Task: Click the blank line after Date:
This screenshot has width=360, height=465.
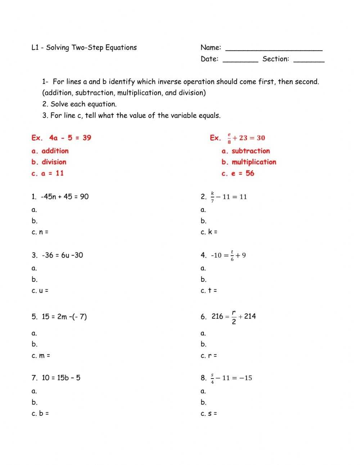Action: coord(240,60)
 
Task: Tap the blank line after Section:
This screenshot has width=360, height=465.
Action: coord(309,60)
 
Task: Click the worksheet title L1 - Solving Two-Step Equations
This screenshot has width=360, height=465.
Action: coord(84,48)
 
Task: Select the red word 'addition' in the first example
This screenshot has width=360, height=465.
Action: coord(55,151)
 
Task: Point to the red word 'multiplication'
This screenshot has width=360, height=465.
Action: coord(254,162)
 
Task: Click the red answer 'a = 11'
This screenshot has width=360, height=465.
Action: coord(52,173)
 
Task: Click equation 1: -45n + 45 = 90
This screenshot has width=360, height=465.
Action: coord(64,197)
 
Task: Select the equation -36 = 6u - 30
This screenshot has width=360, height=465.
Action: coord(62,255)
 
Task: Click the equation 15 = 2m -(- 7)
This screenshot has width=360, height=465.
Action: coord(64,317)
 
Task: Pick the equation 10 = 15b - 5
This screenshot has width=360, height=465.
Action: coord(61,378)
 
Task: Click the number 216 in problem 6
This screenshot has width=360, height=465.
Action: coord(217,316)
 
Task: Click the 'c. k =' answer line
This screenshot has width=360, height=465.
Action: coord(209,232)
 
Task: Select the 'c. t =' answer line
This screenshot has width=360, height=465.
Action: coord(209,291)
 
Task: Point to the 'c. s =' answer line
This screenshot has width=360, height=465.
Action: coord(209,413)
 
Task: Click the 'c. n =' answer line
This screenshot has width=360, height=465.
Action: coord(40,232)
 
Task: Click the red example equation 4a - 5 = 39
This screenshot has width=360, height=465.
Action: coord(70,138)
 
